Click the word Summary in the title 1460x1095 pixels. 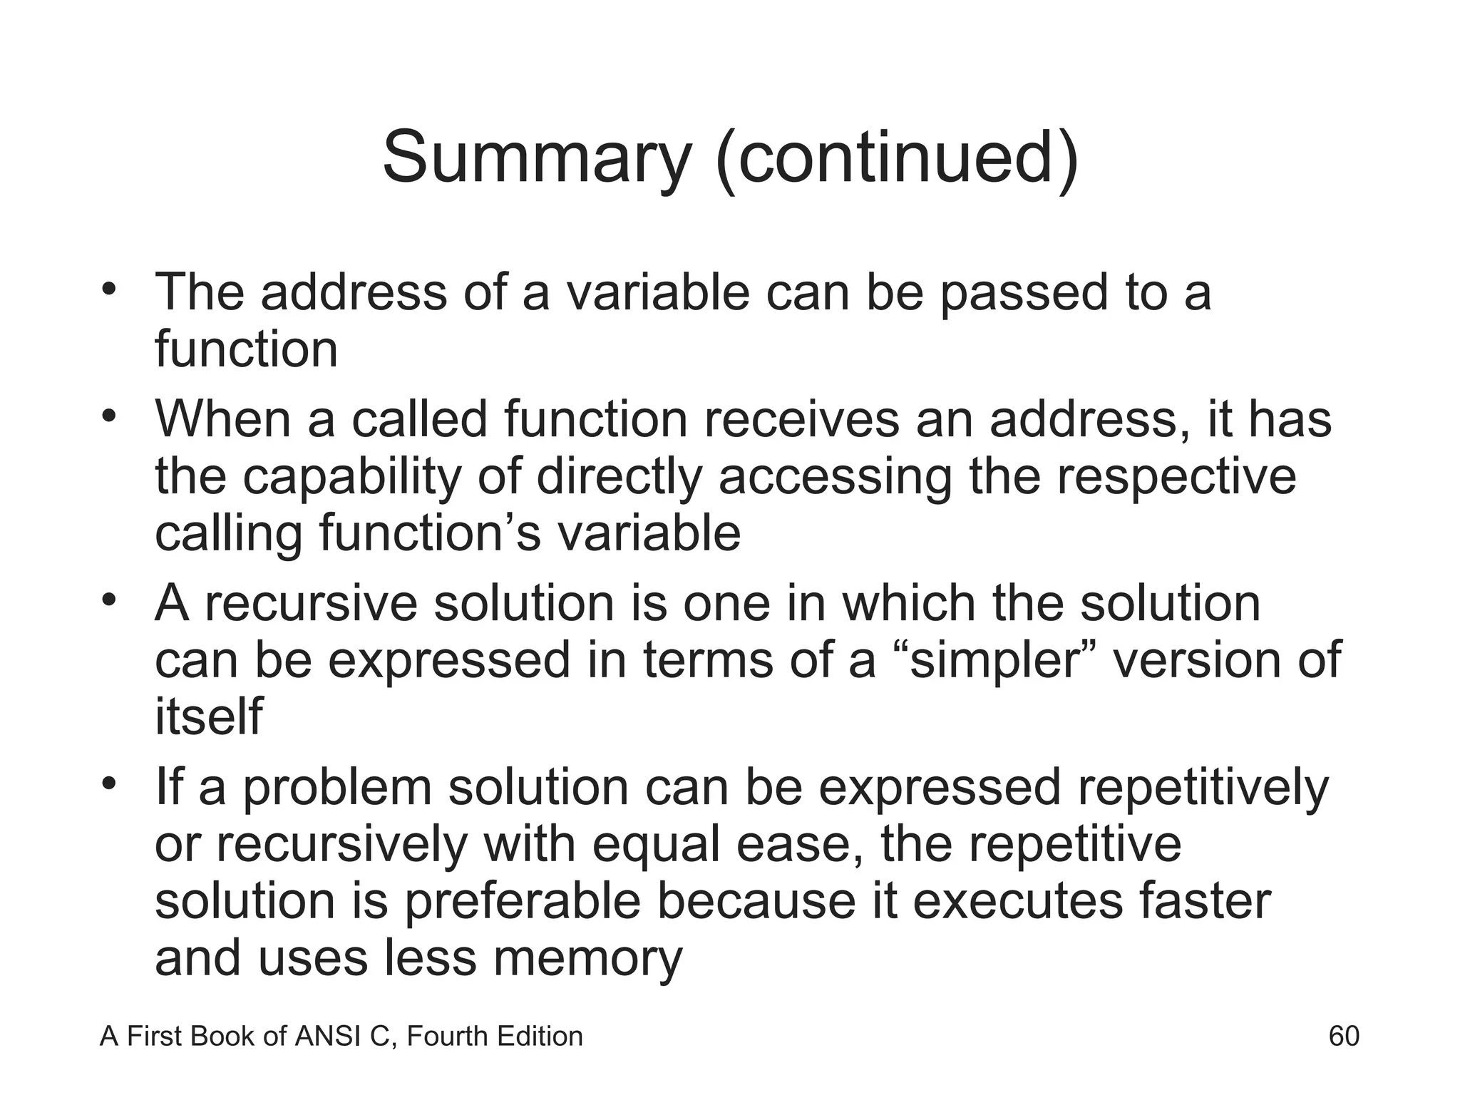coord(537,158)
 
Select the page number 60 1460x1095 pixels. coord(1344,1036)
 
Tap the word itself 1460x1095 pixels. coord(209,716)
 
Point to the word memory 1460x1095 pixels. coord(587,959)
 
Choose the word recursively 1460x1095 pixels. coord(341,845)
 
